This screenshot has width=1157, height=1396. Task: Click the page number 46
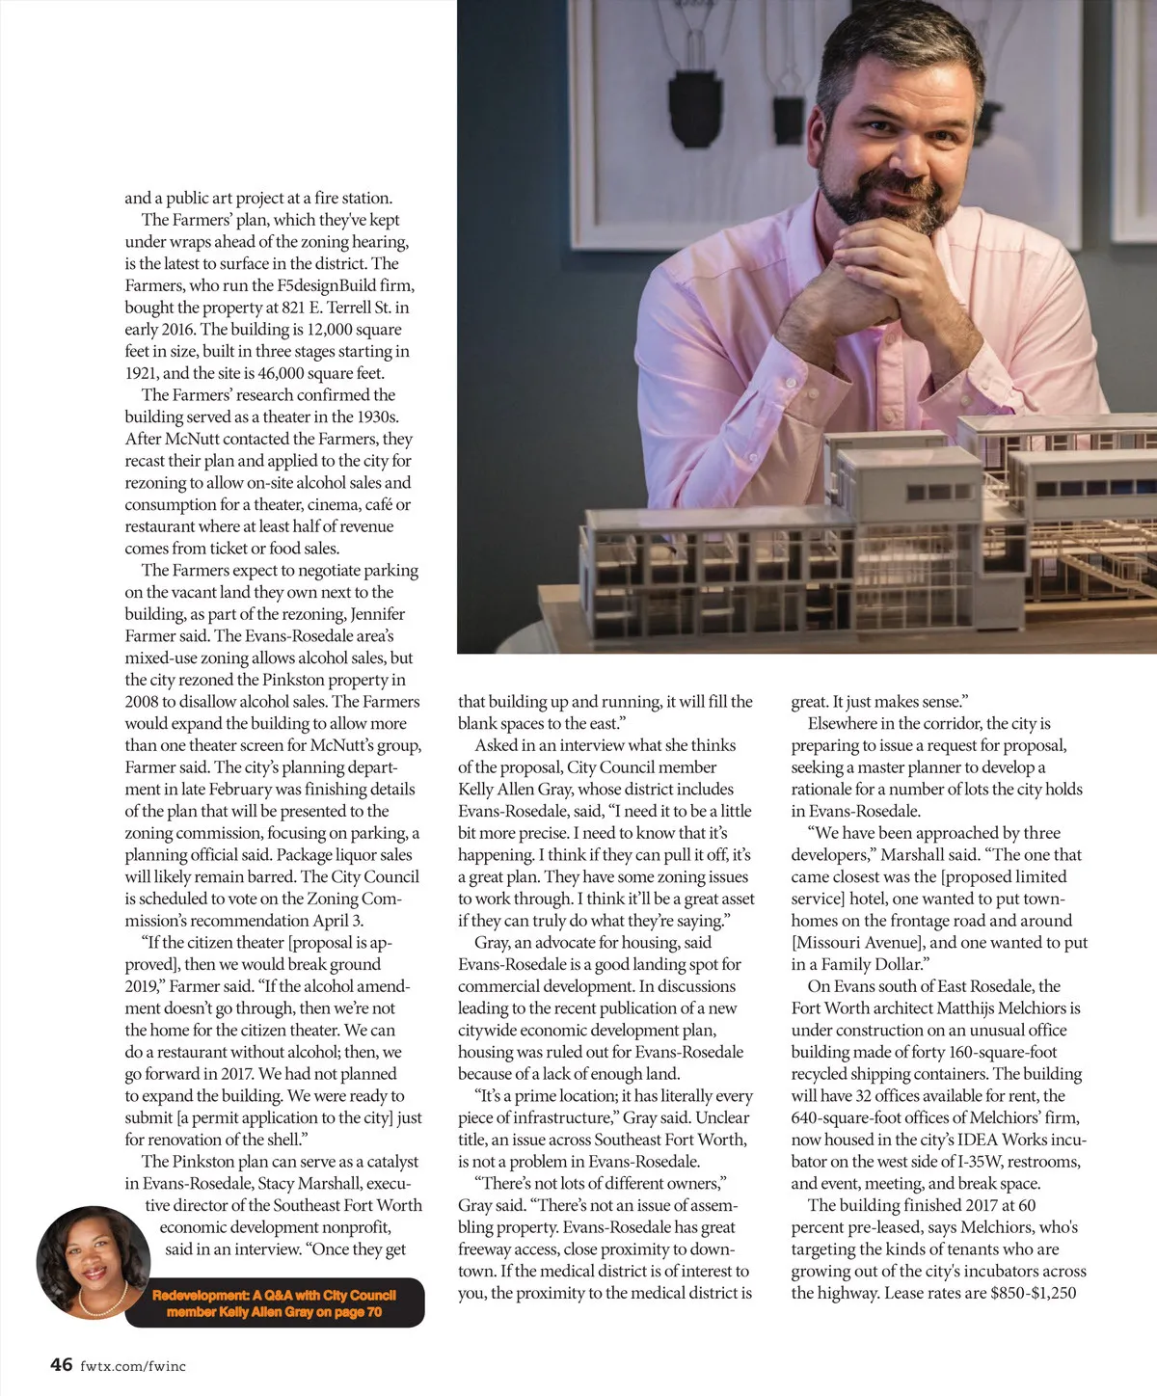pos(62,1364)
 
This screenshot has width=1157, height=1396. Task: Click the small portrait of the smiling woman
pos(93,1261)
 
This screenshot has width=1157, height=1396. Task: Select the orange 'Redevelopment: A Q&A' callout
pos(275,1303)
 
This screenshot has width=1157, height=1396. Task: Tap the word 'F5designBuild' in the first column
pos(326,285)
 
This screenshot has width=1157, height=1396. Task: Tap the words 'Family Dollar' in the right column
pos(870,964)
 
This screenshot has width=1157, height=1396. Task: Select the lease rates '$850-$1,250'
pos(1033,1294)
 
